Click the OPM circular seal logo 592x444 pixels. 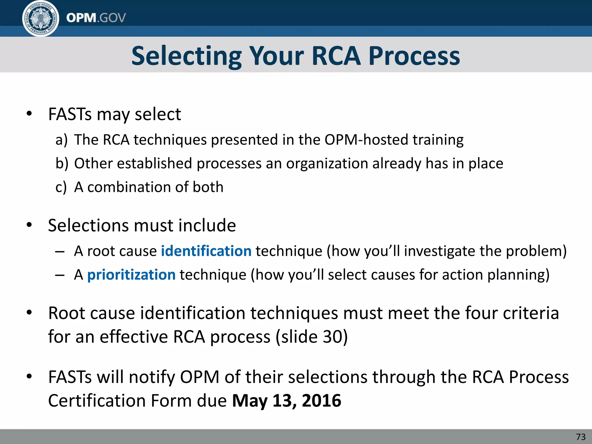(x=40, y=18)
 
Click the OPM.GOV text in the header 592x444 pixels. (x=96, y=18)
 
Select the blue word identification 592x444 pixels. (x=206, y=251)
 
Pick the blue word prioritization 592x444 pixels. (x=131, y=275)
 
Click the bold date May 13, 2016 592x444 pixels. (x=286, y=401)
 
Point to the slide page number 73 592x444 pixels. (x=581, y=437)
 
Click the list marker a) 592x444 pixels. (x=61, y=140)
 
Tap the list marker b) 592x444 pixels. (x=62, y=164)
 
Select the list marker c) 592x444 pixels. (x=61, y=187)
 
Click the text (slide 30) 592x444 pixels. (x=312, y=337)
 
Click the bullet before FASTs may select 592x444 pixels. (x=29, y=114)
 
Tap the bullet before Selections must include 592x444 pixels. (x=29, y=225)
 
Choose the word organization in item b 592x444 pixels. (x=327, y=164)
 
